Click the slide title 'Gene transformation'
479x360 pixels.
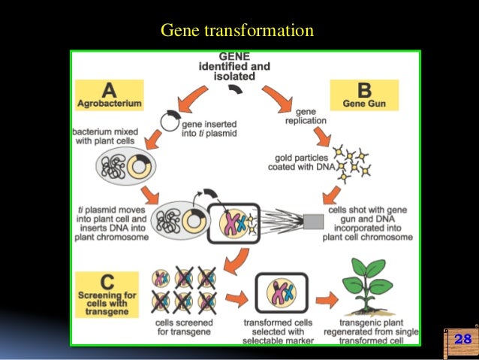click(237, 31)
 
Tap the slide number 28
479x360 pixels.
click(462, 340)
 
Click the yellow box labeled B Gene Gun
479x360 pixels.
click(364, 95)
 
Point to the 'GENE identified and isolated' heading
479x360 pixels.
click(235, 65)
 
